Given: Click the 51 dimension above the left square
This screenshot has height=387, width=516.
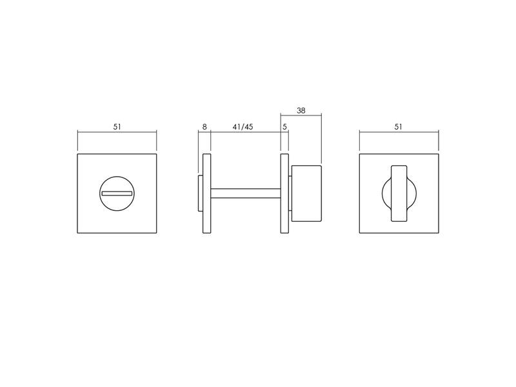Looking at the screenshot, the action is click(x=117, y=126).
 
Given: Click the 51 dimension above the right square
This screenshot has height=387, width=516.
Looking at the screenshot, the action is click(x=398, y=126).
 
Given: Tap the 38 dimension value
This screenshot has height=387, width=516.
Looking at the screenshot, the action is click(x=301, y=110).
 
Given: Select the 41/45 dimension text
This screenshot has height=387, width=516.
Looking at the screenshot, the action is click(x=243, y=126).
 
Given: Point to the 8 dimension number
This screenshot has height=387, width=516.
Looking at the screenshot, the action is click(x=204, y=126).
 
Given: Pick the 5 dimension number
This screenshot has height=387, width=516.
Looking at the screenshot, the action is click(x=284, y=126).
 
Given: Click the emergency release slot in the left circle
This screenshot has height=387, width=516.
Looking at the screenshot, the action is click(x=117, y=193).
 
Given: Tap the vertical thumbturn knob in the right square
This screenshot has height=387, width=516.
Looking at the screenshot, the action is click(x=399, y=193).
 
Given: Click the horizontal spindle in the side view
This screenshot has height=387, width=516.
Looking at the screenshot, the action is click(x=246, y=193).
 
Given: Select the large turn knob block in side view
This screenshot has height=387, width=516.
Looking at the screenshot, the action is click(x=307, y=193).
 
